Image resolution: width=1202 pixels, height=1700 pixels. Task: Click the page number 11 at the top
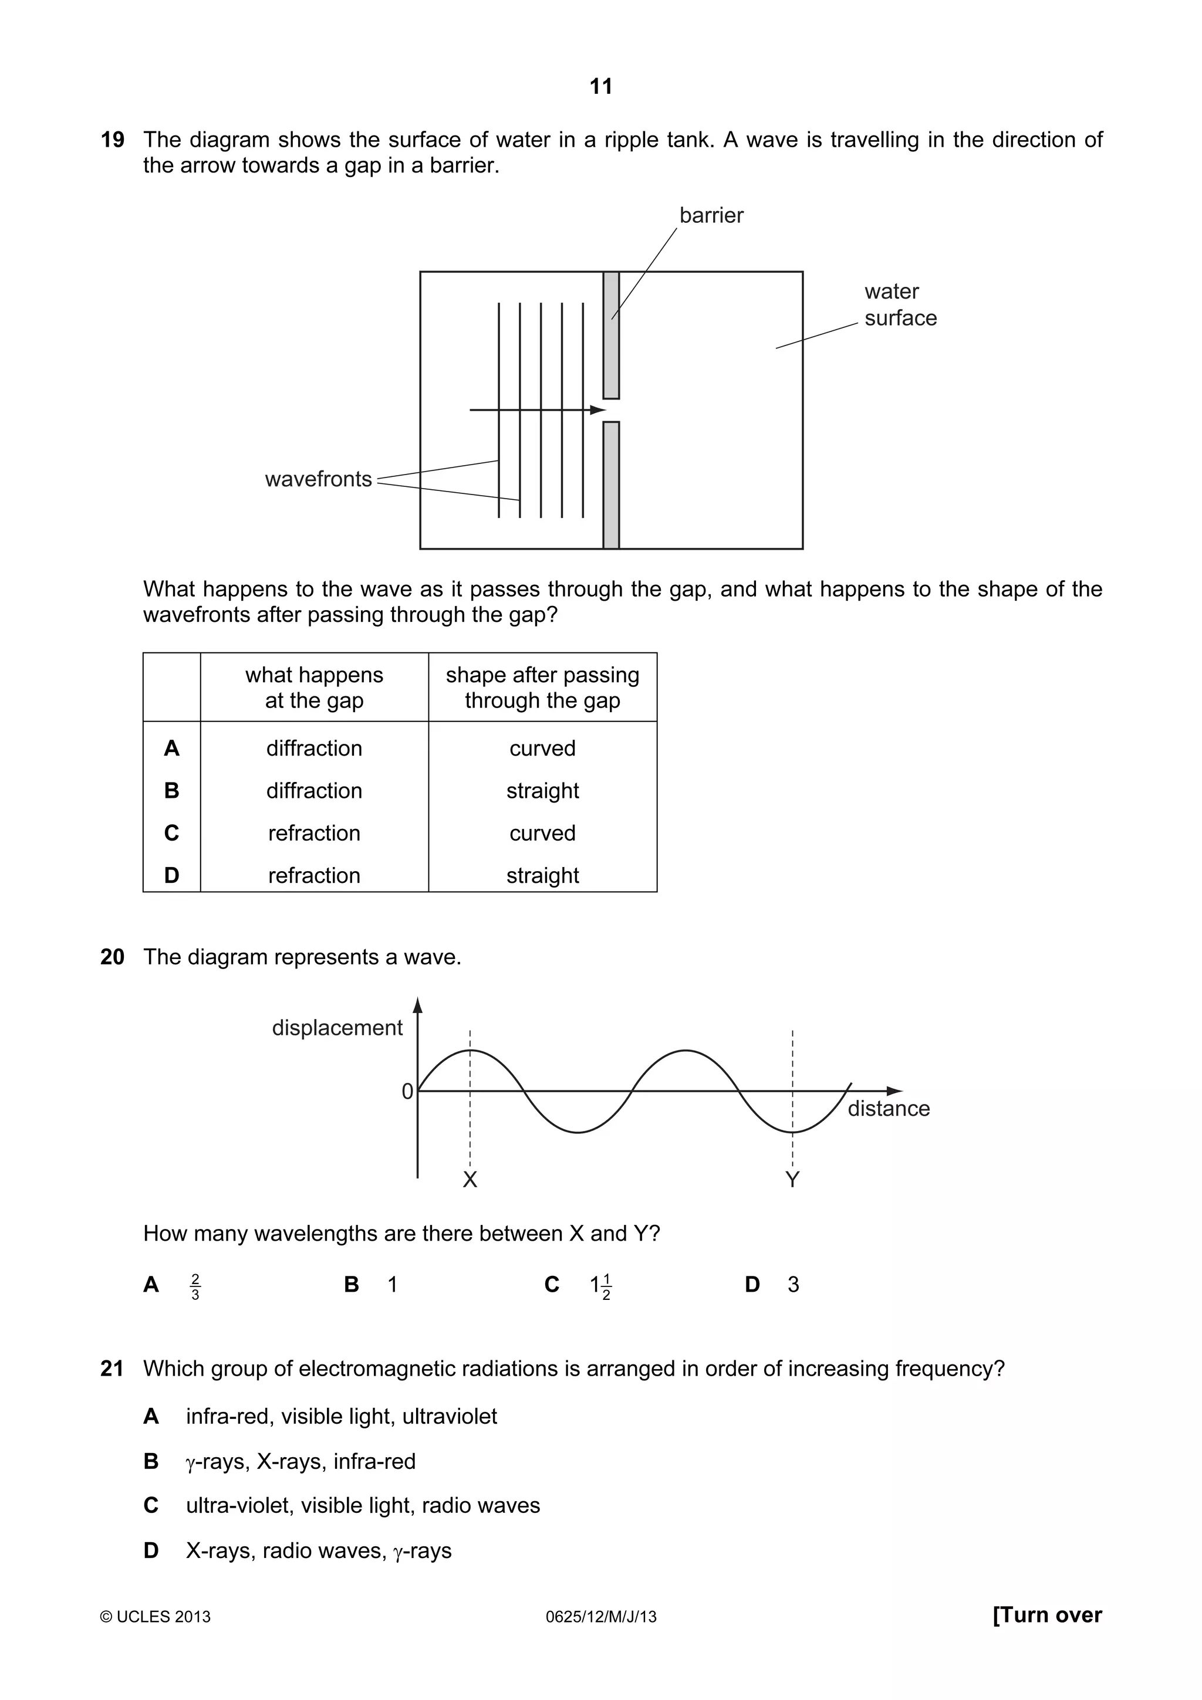tap(600, 87)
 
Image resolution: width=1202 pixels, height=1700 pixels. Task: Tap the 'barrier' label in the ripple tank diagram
tap(711, 215)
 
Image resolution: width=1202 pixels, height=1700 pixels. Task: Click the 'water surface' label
tap(900, 304)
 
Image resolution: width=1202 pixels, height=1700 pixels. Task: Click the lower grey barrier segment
tap(611, 485)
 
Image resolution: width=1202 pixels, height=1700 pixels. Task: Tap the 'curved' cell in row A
tap(542, 748)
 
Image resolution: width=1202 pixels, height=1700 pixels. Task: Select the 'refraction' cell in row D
tap(314, 875)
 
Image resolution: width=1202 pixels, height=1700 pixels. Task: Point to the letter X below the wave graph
tap(470, 1180)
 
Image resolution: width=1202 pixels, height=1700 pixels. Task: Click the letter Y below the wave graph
tap(792, 1180)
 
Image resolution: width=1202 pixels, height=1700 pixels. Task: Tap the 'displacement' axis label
tap(337, 1028)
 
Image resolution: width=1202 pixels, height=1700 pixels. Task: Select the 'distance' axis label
tap(888, 1109)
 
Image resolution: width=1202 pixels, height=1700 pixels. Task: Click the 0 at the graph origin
tap(407, 1091)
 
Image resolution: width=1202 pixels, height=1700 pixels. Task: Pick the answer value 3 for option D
tap(793, 1285)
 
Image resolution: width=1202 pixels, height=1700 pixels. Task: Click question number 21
tap(112, 1369)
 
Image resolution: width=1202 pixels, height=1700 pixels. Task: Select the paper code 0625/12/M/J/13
tap(600, 1617)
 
